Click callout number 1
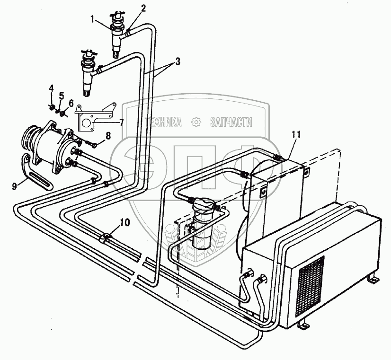[93, 20]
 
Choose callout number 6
[71, 103]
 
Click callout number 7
[122, 122]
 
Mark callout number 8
[108, 135]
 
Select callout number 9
[14, 185]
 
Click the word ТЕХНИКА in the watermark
[163, 123]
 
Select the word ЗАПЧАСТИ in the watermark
[231, 123]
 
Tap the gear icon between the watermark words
[196, 122]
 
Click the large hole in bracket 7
[87, 124]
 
